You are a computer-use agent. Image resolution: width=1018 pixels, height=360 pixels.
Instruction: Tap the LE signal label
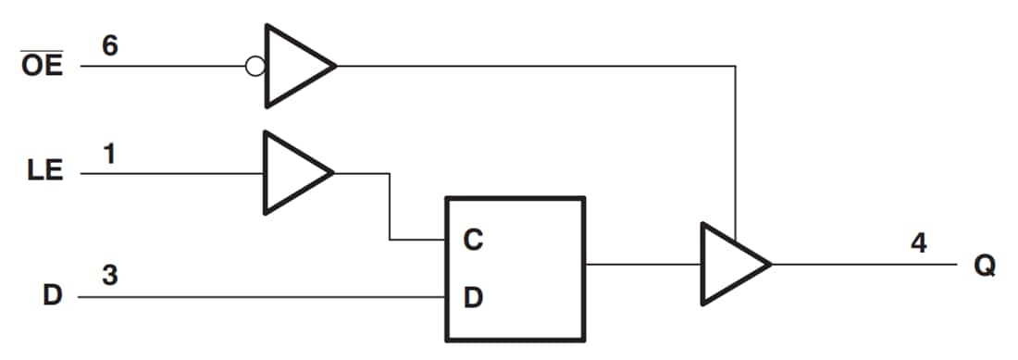point(43,172)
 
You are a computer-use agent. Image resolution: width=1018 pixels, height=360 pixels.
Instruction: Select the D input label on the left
point(53,297)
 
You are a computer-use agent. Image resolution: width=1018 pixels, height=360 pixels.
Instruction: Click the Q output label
point(984,265)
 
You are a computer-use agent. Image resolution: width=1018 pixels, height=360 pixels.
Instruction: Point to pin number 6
point(109,45)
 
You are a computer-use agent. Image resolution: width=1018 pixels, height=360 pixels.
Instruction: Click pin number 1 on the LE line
point(108,154)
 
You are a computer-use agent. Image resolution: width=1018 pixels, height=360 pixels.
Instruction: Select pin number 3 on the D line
point(109,277)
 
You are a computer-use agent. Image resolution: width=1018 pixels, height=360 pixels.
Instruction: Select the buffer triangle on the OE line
point(294,66)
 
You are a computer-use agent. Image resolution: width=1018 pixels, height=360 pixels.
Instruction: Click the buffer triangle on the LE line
point(292,173)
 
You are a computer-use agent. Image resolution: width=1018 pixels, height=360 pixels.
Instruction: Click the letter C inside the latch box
point(473,240)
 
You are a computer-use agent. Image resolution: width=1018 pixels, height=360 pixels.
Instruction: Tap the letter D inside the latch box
point(473,298)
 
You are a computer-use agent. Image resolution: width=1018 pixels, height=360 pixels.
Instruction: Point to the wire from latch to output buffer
point(642,265)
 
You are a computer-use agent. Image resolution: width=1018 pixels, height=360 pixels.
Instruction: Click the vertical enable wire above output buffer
point(735,148)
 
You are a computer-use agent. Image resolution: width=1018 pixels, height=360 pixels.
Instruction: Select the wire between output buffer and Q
point(861,265)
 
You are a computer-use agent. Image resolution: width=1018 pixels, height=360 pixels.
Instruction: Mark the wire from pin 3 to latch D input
point(278,298)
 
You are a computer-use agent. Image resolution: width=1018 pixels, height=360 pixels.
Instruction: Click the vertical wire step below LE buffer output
point(390,206)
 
